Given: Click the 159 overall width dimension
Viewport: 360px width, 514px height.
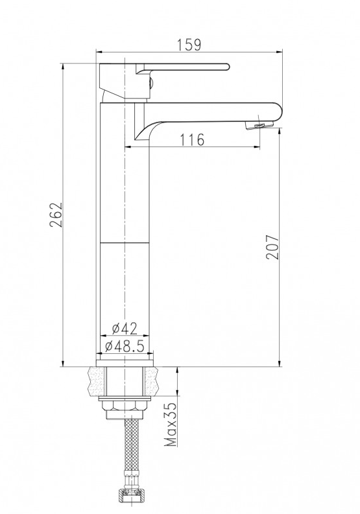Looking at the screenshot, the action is (189, 45).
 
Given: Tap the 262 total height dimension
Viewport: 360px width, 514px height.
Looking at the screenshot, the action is (56, 215).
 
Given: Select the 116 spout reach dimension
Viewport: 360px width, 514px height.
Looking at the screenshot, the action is (192, 139).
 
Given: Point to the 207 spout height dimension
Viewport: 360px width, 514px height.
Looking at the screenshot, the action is (272, 247).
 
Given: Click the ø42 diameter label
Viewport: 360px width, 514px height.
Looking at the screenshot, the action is (125, 329).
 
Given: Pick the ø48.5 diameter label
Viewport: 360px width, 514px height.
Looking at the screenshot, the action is (125, 346).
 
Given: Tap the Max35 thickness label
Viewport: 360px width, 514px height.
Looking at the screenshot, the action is (171, 424).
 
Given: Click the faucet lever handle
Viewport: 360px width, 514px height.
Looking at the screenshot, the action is (182, 68).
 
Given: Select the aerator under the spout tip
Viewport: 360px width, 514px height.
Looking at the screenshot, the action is (260, 126).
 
